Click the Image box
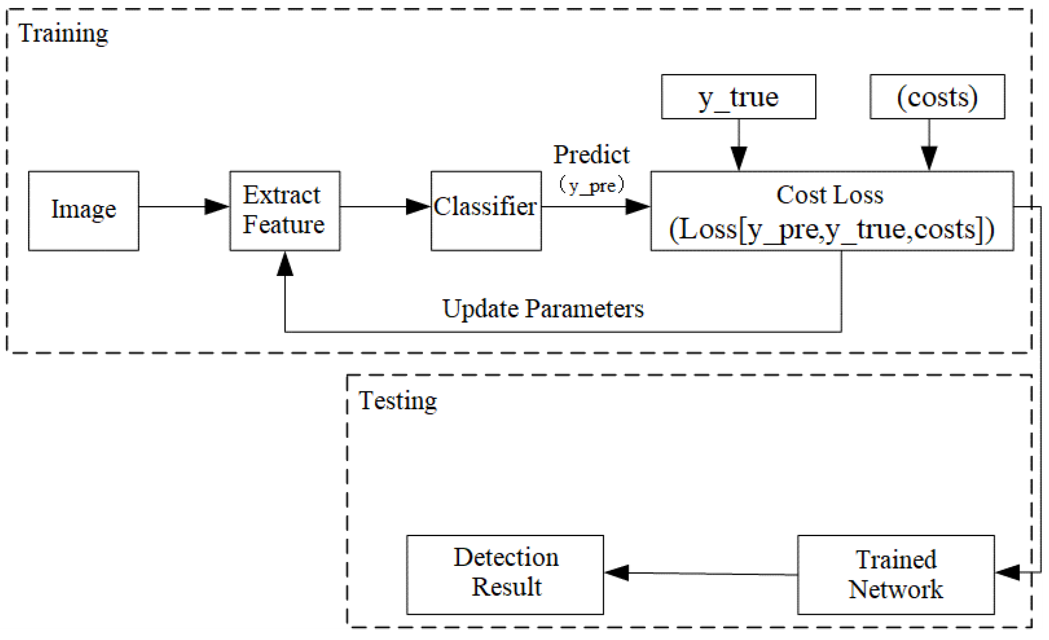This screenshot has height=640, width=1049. (83, 211)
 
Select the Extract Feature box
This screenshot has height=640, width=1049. (285, 211)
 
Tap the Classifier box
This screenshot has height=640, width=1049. (486, 211)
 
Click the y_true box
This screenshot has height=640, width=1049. (739, 97)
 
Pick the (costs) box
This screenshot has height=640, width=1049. (937, 97)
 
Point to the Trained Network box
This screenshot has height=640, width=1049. (896, 575)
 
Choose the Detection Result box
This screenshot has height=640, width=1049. (505, 575)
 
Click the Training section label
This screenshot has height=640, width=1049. (63, 33)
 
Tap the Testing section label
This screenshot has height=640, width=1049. (398, 401)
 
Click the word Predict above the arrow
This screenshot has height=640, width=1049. (591, 155)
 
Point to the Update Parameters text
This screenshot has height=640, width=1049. (543, 309)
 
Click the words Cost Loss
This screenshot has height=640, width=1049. (830, 195)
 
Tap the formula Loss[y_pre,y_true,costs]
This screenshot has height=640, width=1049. (831, 230)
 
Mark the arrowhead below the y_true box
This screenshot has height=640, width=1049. (739, 158)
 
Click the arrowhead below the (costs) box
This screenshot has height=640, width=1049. (929, 158)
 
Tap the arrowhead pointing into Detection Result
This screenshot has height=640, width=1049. (617, 573)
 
